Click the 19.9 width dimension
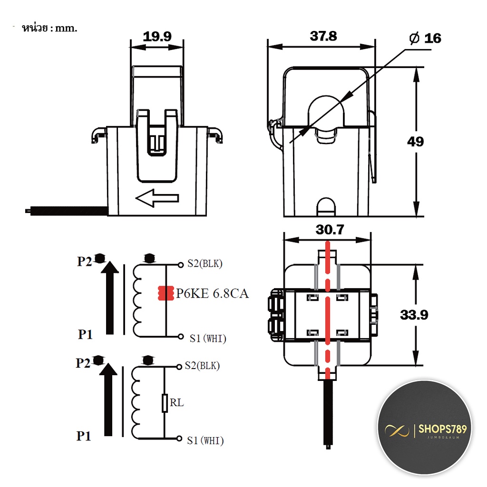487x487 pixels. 157,37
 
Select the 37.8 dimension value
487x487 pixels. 323,36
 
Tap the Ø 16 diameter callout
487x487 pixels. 425,38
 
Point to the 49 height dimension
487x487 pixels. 416,142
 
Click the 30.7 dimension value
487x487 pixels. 330,230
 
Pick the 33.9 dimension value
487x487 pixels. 414,315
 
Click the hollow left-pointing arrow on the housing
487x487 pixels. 157,198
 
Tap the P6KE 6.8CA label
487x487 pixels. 213,293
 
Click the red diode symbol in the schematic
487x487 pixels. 166,293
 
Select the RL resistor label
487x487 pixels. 177,402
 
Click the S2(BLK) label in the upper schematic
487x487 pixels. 205,263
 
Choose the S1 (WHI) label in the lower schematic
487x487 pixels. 205,440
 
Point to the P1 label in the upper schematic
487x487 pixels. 85,334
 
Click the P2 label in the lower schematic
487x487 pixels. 83,363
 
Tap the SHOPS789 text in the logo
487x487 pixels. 443,429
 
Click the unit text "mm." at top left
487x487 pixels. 66,28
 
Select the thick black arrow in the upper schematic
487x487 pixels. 110,298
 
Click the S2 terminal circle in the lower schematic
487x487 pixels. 179,367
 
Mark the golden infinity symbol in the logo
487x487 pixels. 397,430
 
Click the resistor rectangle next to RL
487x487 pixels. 165,403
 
